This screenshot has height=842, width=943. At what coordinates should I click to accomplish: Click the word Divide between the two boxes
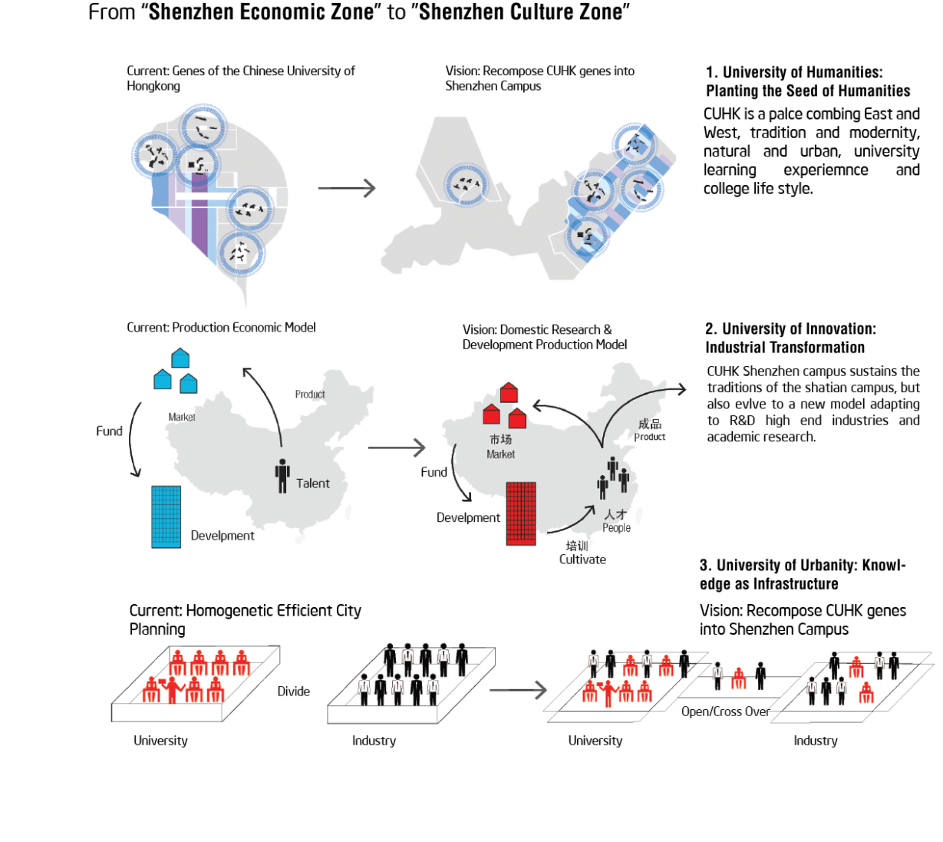pos(293,692)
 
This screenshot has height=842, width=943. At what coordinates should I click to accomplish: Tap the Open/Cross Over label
pos(725,712)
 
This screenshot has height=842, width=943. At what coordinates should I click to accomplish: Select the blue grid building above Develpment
pos(166,517)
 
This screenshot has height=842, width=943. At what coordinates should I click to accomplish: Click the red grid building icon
pos(521,513)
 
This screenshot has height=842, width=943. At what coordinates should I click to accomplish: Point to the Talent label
pos(312,484)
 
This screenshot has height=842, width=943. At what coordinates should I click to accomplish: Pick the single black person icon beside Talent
pos(282,476)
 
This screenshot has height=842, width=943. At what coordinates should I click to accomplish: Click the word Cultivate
pos(582,560)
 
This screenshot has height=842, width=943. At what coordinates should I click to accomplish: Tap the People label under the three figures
pos(616,528)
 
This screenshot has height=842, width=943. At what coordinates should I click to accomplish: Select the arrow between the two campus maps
pos(347,188)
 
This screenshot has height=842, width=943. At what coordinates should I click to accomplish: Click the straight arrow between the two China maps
pos(397,447)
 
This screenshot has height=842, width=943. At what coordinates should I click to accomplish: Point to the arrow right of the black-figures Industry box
pos(518,690)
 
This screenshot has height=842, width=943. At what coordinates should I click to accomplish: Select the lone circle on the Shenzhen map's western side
pos(466,185)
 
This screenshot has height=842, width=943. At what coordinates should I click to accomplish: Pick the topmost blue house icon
pos(180,358)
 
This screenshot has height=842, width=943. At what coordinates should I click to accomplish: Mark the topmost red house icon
pos(509,392)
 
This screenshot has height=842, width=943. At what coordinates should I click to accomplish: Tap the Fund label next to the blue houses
pos(109,431)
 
